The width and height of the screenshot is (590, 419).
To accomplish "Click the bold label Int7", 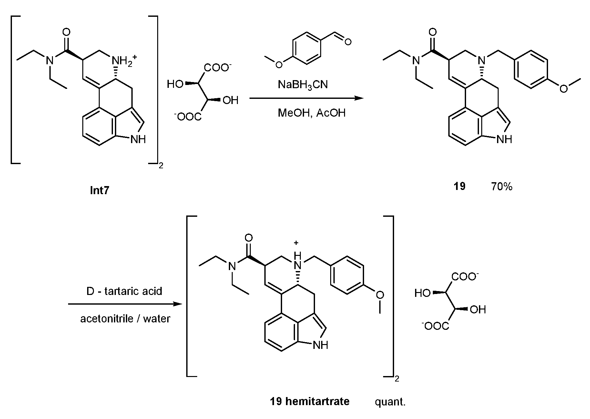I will pyautogui.click(x=99, y=190).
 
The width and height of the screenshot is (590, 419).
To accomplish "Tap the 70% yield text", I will pyautogui.click(x=502, y=186).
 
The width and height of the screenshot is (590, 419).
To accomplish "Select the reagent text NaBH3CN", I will pyautogui.click(x=302, y=85).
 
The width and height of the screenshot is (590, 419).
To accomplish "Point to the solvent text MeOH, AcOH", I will pyautogui.click(x=311, y=113).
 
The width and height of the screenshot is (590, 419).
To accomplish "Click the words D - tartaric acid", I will pyautogui.click(x=124, y=291).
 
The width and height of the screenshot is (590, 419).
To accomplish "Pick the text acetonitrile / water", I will pyautogui.click(x=125, y=319).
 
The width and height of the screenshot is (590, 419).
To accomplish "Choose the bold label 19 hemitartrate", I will pyautogui.click(x=310, y=401).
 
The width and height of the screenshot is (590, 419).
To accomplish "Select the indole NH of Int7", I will pyautogui.click(x=138, y=139).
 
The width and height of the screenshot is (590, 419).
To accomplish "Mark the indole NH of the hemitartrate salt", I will pyautogui.click(x=320, y=345).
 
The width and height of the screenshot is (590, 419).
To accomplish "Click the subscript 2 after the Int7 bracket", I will pyautogui.click(x=161, y=166).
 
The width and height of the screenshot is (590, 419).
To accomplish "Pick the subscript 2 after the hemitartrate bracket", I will pyautogui.click(x=397, y=379).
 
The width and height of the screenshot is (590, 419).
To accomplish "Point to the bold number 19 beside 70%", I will pyautogui.click(x=459, y=186).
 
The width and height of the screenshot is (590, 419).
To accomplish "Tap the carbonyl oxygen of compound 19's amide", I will pyautogui.click(x=432, y=32).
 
